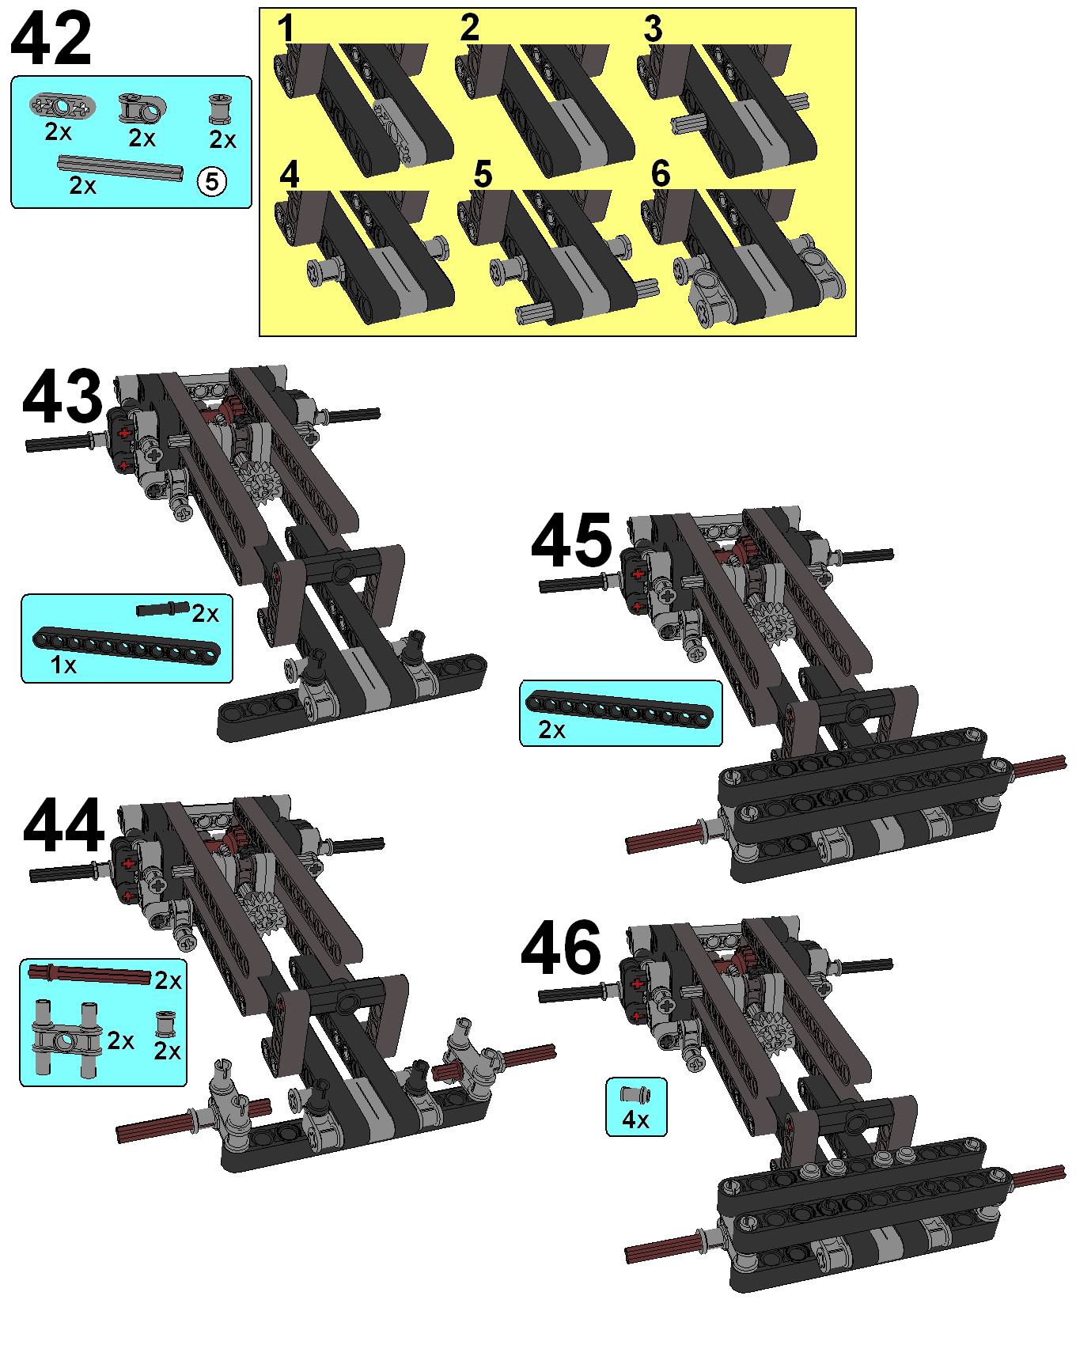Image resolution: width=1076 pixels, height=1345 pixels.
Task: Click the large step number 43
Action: [x=63, y=399]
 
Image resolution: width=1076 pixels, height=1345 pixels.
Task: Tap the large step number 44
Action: [x=64, y=826]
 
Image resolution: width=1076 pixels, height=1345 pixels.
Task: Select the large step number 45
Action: [x=571, y=541]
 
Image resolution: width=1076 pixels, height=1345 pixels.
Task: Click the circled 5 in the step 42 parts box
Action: [x=211, y=182]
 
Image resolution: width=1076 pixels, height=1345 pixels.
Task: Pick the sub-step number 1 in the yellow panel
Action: [x=286, y=29]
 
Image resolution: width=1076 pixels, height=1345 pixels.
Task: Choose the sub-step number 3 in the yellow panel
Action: [x=653, y=29]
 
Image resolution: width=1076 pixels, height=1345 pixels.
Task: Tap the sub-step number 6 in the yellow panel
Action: [x=661, y=174]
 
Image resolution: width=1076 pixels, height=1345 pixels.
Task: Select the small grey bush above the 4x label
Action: [x=635, y=1095]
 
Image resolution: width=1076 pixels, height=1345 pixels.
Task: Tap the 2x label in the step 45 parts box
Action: [x=551, y=730]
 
